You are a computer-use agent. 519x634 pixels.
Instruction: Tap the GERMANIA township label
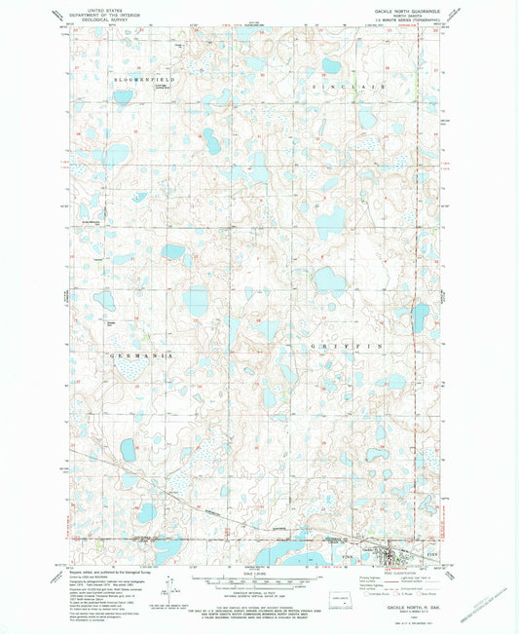coord(141,356)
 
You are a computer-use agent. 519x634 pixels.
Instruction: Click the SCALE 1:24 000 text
coord(259,570)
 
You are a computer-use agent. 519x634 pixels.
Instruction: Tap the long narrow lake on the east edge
coord(421,317)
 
